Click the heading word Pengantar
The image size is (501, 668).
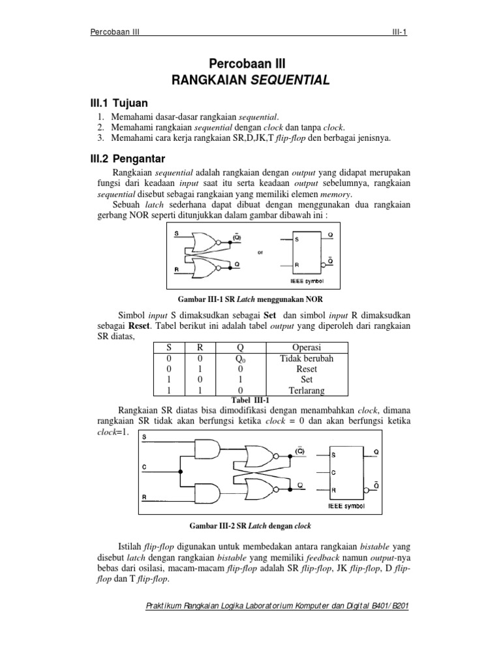[x=140, y=159]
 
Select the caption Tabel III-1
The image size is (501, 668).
[x=250, y=400]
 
